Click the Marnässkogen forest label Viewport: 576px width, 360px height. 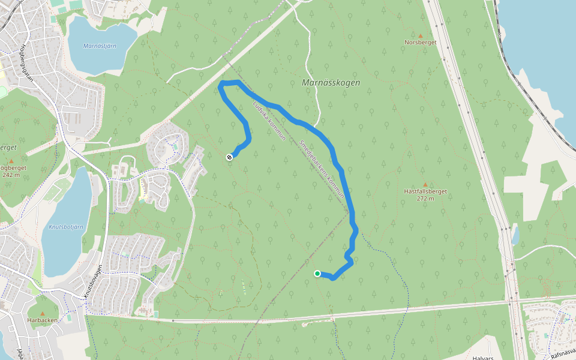331,83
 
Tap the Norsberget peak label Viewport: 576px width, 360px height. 419,43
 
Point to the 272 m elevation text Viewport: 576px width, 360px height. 425,199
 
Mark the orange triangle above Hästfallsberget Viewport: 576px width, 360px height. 425,184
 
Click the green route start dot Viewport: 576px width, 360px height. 317,274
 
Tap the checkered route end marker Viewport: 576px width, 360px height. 229,157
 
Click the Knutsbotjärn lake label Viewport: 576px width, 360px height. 66,228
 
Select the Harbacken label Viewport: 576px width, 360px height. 42,320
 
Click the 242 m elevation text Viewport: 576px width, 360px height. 11,175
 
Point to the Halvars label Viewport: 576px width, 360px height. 482,358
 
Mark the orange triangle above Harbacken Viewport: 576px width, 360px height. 42,313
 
